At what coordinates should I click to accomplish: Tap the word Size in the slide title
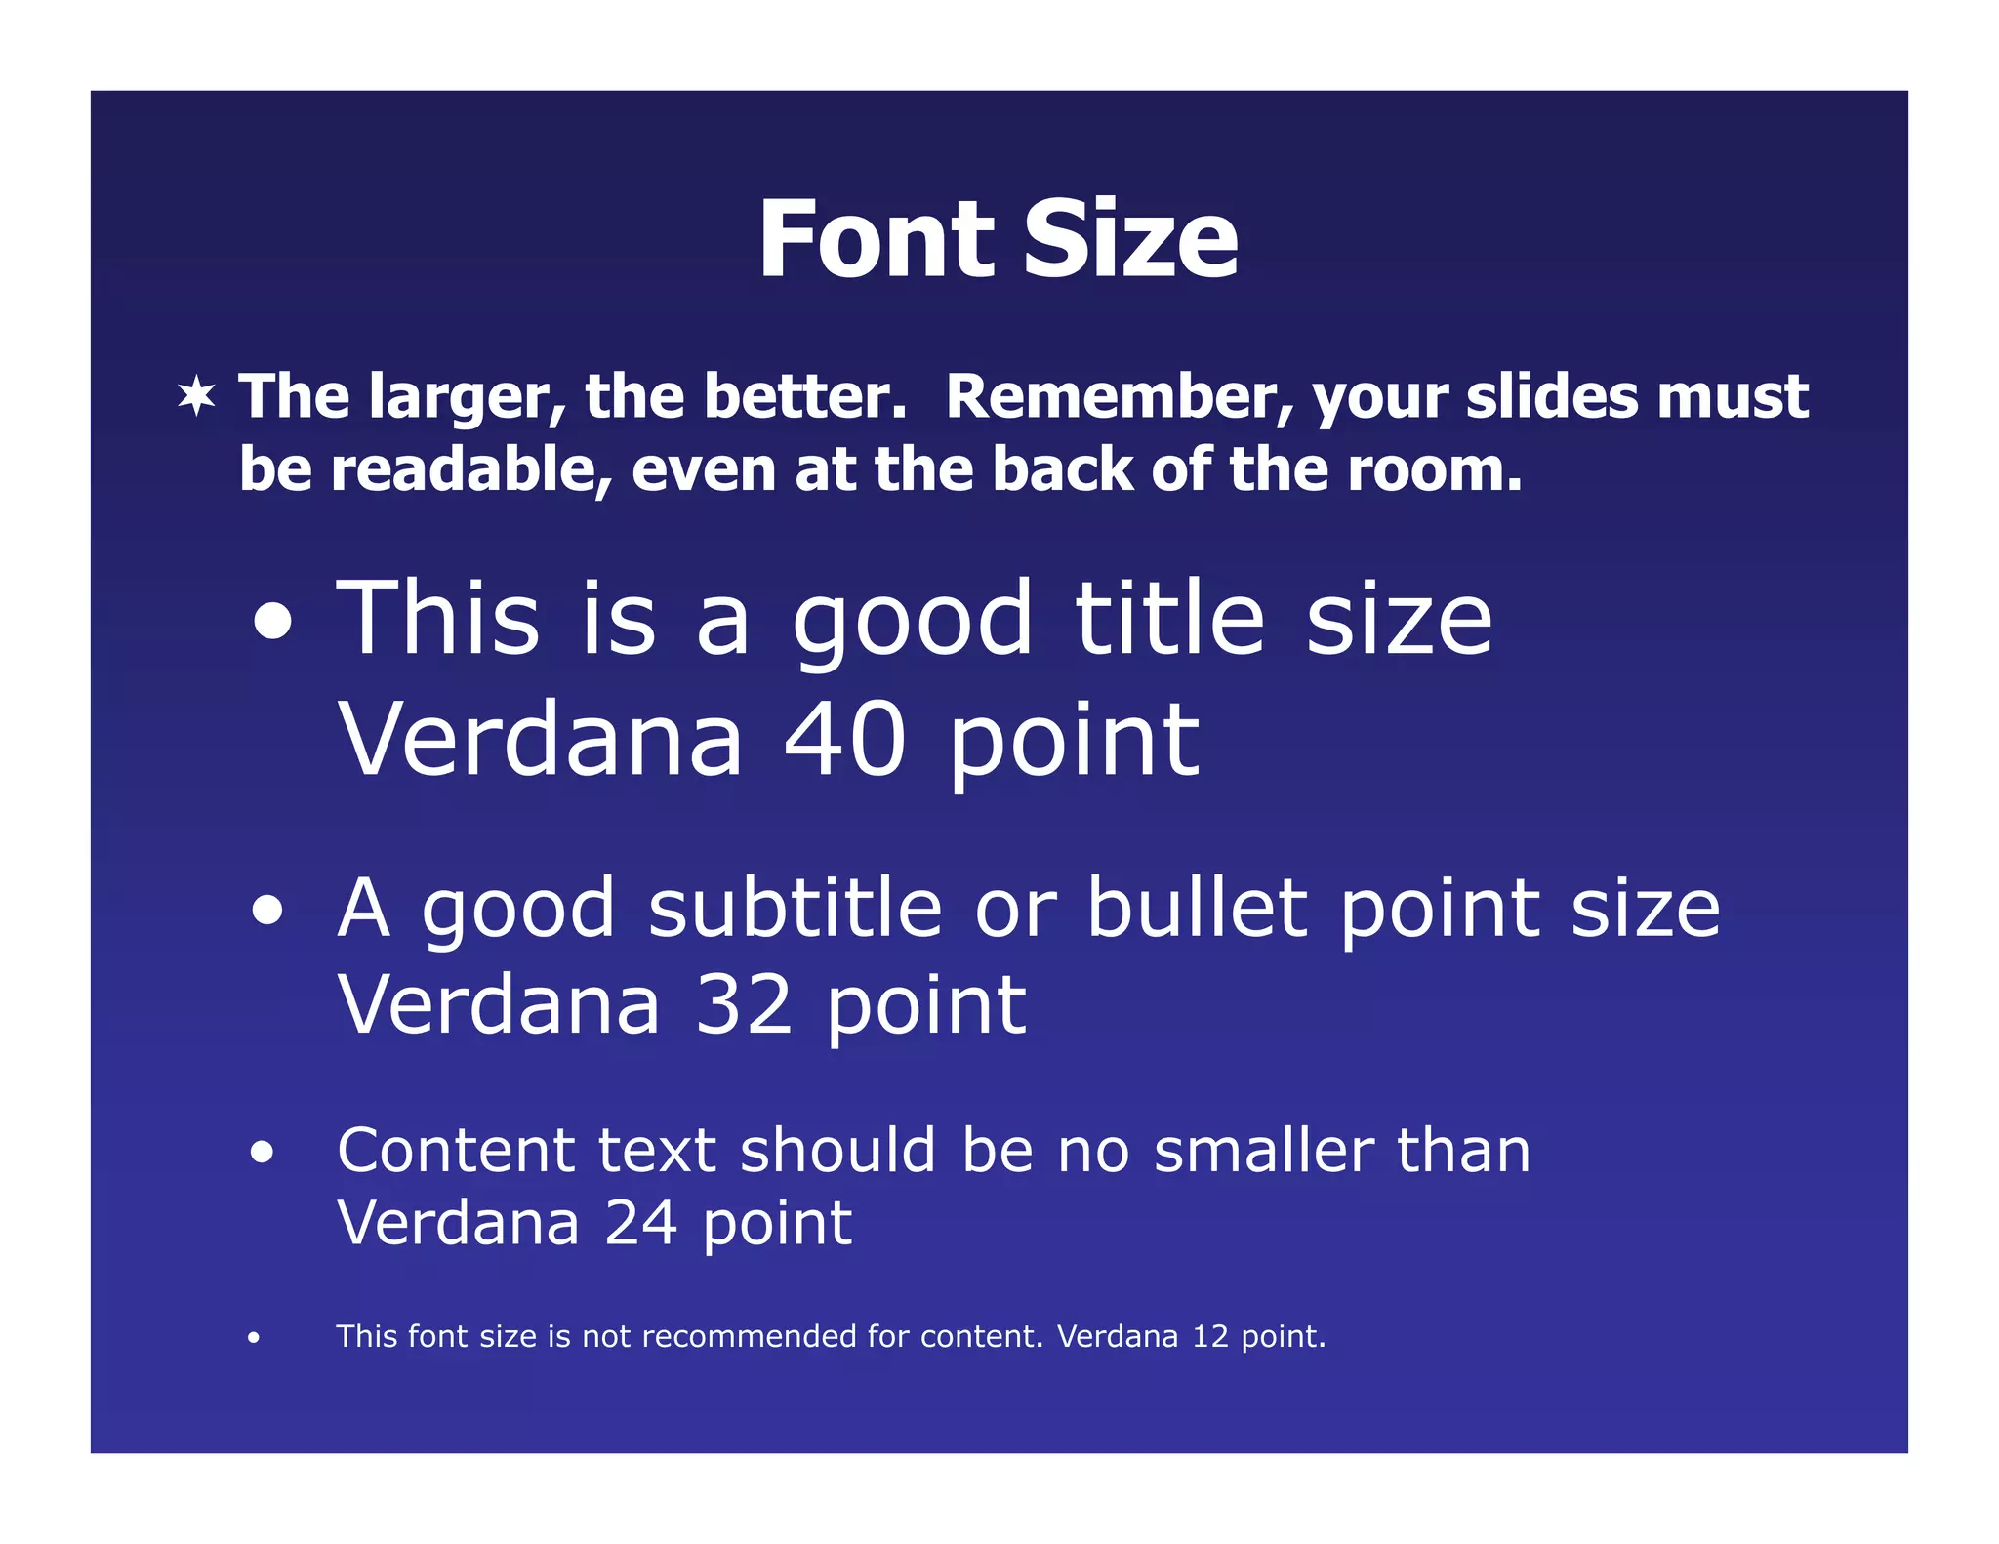[1131, 239]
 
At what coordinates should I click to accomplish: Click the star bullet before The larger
[196, 396]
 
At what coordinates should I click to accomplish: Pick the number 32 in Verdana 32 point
[744, 1005]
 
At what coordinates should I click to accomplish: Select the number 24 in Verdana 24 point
[641, 1222]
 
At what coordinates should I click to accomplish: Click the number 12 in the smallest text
[1209, 1336]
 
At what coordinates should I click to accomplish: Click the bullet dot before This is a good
[272, 622]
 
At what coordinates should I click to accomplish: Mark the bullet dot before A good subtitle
[267, 911]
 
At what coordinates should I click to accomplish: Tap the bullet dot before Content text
[262, 1153]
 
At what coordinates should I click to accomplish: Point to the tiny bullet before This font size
[254, 1337]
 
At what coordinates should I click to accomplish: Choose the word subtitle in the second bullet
[796, 908]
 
